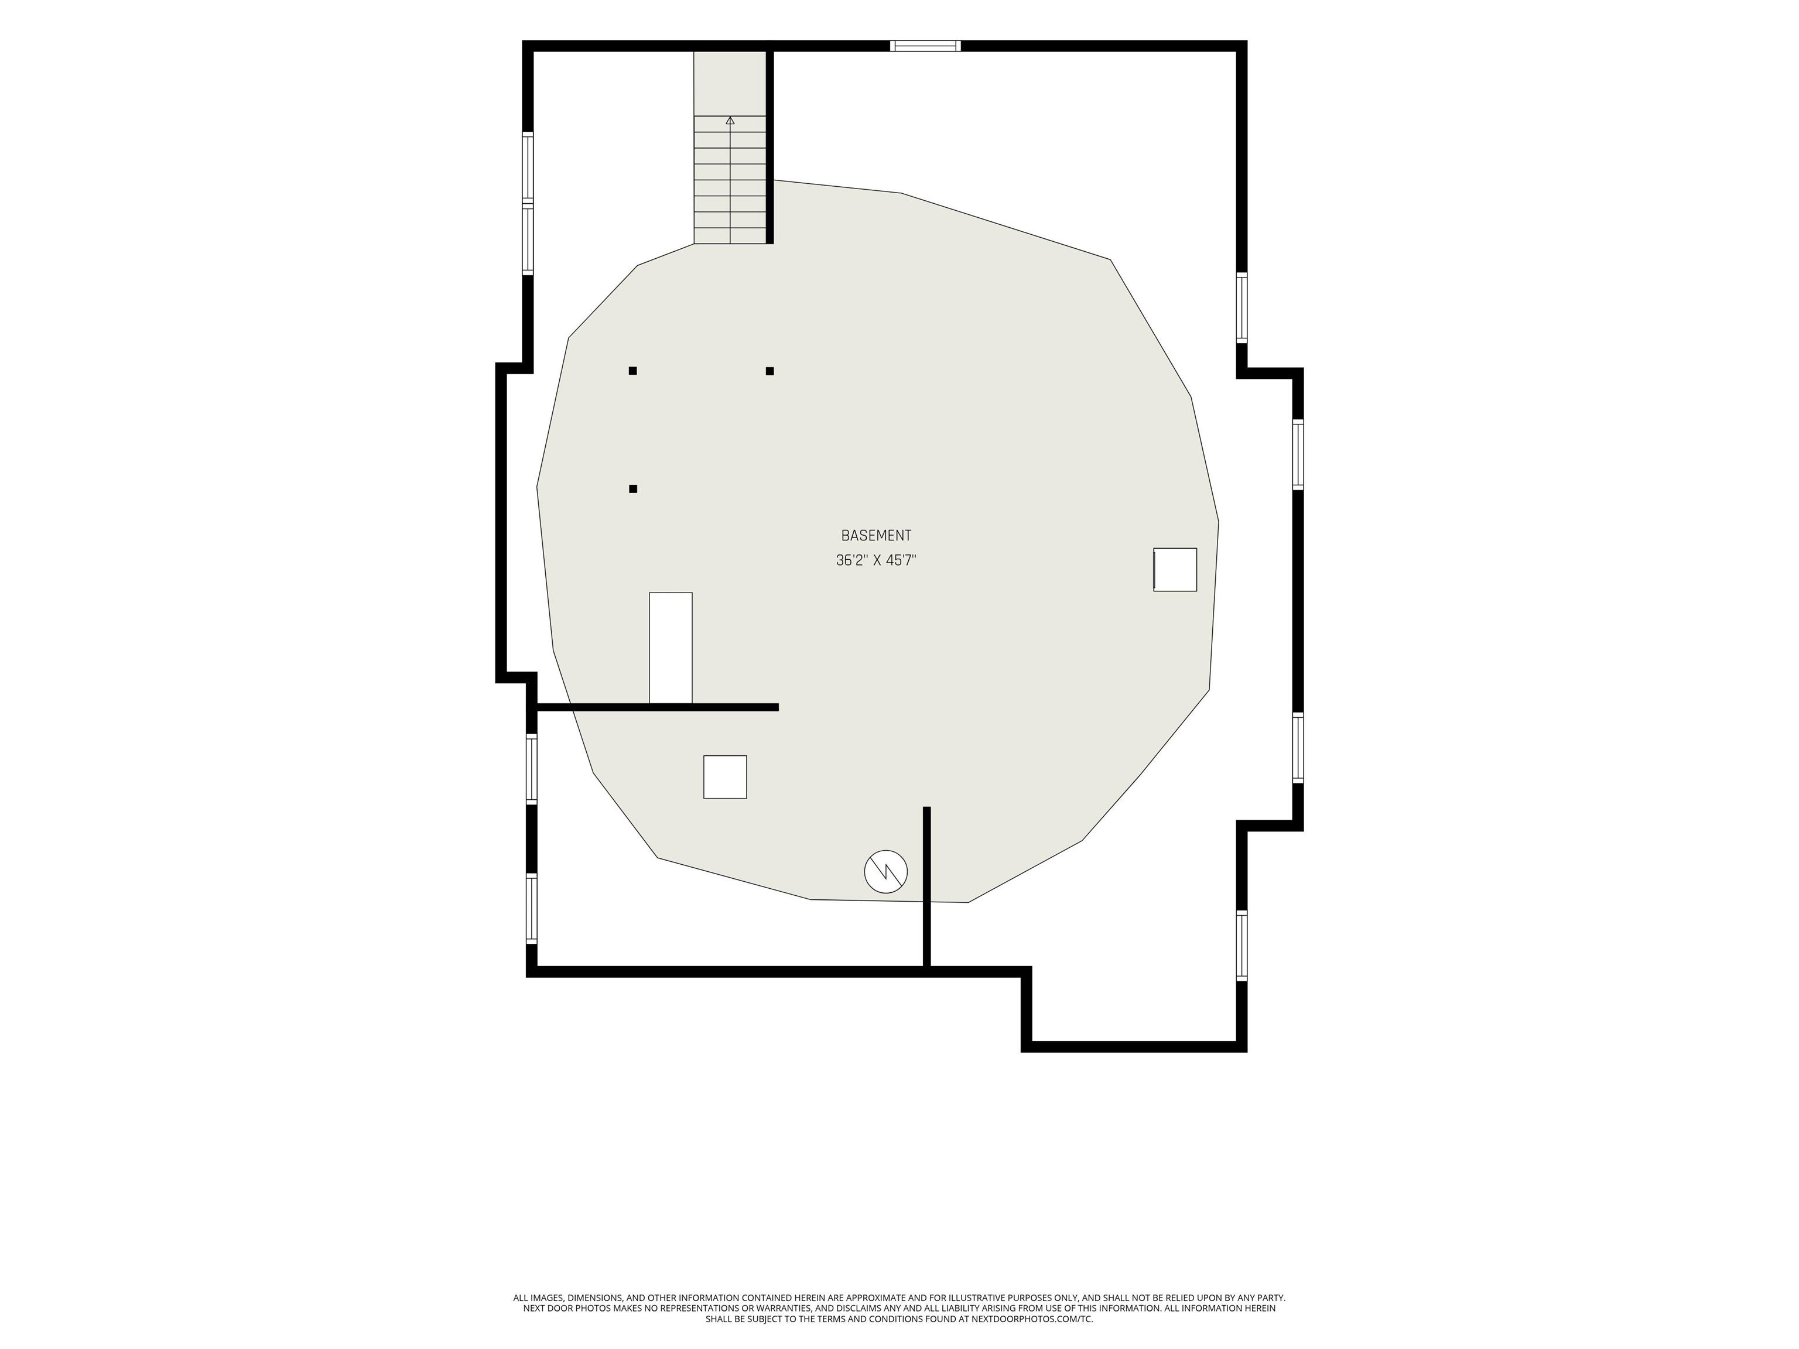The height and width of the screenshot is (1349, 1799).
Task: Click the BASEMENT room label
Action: tap(876, 535)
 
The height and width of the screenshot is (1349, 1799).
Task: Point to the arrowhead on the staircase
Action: tap(730, 121)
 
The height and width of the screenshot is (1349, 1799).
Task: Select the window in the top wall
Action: tap(925, 46)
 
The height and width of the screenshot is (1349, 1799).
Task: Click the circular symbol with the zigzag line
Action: tap(885, 871)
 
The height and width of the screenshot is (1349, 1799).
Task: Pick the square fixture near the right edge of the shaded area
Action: tap(1175, 569)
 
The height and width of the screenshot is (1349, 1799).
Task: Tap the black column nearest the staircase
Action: tap(769, 371)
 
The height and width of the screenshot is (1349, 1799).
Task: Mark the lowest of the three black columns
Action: tap(632, 489)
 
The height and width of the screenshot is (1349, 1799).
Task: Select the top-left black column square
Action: tap(632, 371)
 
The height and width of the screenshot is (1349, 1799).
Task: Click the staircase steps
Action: tap(730, 180)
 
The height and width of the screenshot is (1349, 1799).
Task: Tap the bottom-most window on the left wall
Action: tap(531, 908)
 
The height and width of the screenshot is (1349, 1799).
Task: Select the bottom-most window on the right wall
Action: tap(1242, 946)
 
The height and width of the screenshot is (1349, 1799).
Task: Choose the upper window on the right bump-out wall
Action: tap(1298, 454)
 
